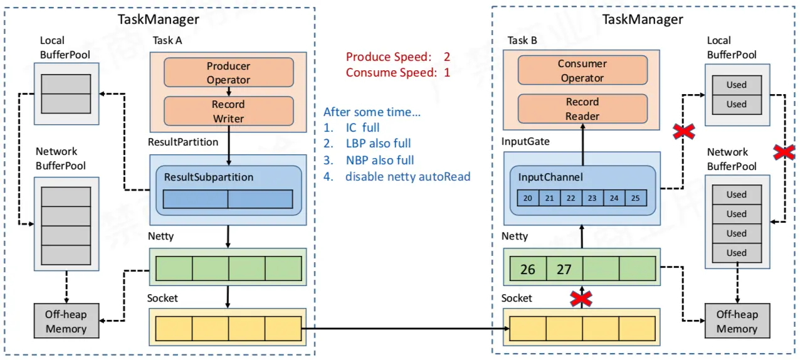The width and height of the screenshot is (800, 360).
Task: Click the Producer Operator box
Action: tap(229, 73)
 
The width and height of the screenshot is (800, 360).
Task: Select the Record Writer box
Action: tap(229, 111)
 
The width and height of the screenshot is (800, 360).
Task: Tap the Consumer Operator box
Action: tap(582, 70)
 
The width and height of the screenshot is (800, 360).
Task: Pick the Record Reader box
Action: tap(582, 109)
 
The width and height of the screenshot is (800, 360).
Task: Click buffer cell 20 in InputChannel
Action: tap(528, 198)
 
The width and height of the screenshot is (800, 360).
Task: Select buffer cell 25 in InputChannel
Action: tap(636, 198)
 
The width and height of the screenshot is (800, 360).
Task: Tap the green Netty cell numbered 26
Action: tap(528, 269)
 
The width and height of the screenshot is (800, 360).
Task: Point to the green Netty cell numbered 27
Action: tap(564, 269)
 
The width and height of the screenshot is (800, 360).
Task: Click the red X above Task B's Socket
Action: tap(581, 299)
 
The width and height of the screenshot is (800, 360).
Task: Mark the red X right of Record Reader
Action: tap(683, 132)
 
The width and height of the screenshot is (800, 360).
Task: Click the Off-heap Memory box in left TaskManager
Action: tap(66, 321)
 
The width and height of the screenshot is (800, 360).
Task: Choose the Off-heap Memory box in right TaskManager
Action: tap(737, 321)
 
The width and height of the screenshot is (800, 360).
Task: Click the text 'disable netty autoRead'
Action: tap(408, 177)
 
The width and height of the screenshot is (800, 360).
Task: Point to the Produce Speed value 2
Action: tap(447, 57)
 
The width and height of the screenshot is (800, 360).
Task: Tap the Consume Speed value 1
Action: tap(447, 73)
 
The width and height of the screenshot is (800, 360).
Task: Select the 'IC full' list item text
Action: tap(362, 127)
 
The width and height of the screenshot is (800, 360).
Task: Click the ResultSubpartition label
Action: tap(209, 177)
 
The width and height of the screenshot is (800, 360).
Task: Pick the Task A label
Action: tap(167, 40)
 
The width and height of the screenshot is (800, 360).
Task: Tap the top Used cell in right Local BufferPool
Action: tap(737, 85)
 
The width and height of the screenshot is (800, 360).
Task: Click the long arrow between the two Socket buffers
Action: tap(406, 328)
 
